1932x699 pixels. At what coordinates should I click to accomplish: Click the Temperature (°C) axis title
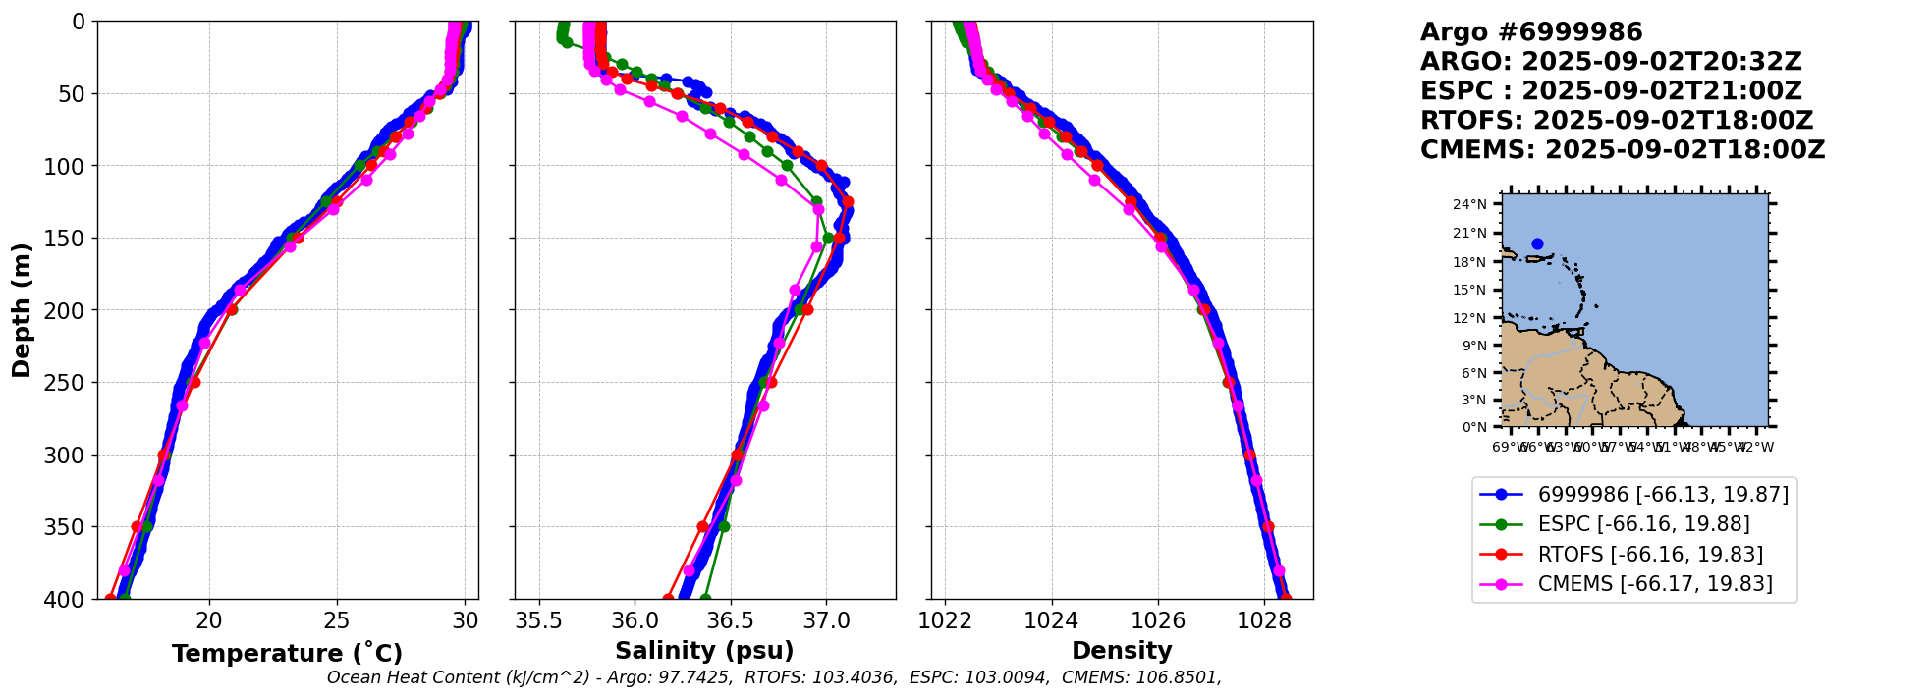pos(287,654)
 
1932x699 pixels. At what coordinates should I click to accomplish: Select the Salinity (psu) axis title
pos(704,651)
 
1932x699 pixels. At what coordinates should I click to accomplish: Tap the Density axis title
pos(1122,651)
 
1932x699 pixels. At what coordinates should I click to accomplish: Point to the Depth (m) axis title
pos(22,310)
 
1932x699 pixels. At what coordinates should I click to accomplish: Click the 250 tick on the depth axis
pos(70,383)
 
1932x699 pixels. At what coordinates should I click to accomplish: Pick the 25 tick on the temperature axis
pos(337,620)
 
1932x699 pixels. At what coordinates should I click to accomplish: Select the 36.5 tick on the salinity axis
pos(730,620)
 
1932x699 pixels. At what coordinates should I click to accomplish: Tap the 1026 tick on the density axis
pos(1158,620)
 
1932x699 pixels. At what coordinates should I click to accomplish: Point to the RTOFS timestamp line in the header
pos(1617,121)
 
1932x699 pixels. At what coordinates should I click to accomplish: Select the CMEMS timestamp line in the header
pos(1623,150)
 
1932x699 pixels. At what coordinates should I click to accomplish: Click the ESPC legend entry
pos(1643,524)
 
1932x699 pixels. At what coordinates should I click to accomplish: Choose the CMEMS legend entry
pos(1655,584)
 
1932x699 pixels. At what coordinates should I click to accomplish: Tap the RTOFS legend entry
pos(1650,555)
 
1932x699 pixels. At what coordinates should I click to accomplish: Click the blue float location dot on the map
pos(1537,243)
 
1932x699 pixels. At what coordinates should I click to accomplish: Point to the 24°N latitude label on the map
pos(1470,204)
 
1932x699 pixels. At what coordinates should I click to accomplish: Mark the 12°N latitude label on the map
pos(1470,318)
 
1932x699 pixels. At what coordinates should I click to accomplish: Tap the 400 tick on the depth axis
pos(70,599)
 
